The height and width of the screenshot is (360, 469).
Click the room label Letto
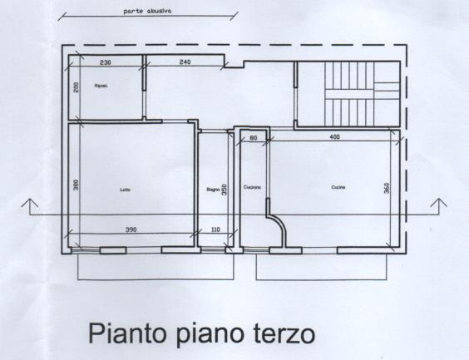[x=126, y=190]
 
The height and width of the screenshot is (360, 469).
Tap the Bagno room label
[x=213, y=190]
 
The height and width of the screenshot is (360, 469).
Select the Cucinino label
[x=253, y=188]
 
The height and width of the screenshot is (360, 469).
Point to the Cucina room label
[x=338, y=188]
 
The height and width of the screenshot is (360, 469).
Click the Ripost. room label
[x=103, y=86]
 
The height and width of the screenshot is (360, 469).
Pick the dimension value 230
[x=106, y=62]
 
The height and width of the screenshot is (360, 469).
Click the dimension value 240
[x=185, y=62]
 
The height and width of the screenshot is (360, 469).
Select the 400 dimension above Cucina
[x=334, y=136]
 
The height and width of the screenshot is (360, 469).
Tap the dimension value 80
[x=253, y=136]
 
